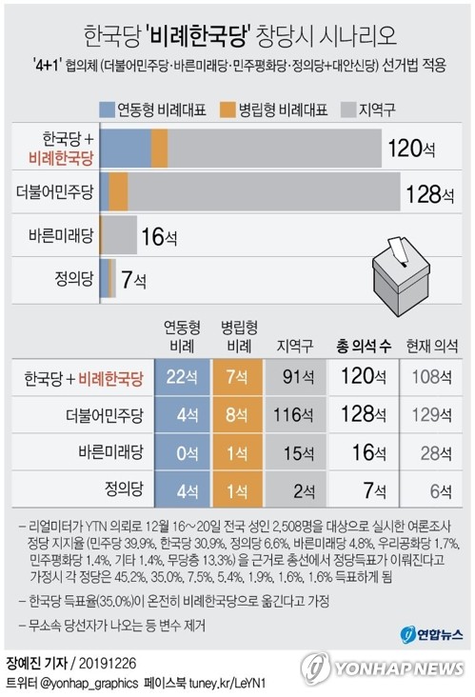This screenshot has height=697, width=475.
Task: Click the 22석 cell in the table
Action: click(x=183, y=379)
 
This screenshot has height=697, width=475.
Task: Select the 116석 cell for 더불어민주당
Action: click(x=292, y=416)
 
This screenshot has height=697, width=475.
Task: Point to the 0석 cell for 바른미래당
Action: click(x=183, y=453)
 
